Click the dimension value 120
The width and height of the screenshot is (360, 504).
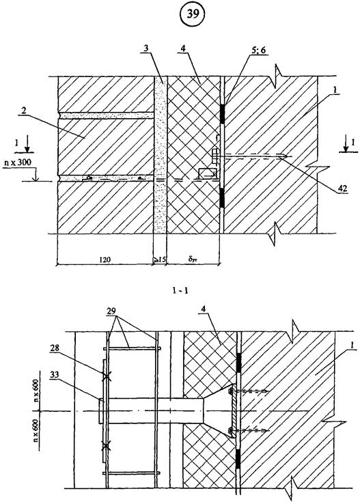tap(105, 259)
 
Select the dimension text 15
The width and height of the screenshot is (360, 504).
tap(161, 259)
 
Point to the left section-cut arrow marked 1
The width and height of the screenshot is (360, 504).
tap(27, 143)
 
